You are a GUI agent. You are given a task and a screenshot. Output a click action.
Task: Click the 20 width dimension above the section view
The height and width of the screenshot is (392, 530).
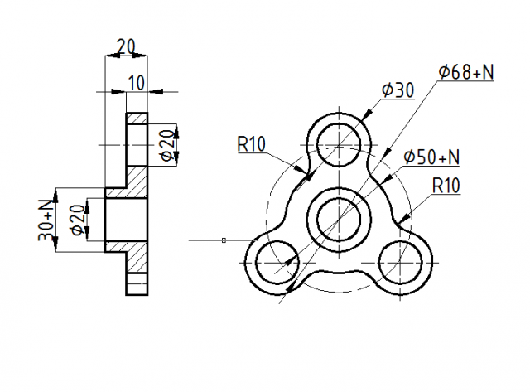pyautogui.click(x=126, y=46)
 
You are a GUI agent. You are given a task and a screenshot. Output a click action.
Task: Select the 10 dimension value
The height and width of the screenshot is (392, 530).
pyautogui.click(x=137, y=83)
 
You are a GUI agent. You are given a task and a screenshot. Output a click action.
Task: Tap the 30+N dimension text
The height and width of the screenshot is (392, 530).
pyautogui.click(x=46, y=220)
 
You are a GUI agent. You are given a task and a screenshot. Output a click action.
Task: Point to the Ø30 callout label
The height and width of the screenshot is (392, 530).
pyautogui.click(x=397, y=90)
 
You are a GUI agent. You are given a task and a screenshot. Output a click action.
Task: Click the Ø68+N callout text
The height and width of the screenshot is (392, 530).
pyautogui.click(x=466, y=72)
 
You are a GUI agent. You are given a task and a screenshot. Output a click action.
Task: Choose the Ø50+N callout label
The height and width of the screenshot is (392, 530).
pyautogui.click(x=431, y=157)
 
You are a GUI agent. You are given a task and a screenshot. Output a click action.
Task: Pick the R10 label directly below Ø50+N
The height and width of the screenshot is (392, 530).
pyautogui.click(x=446, y=186)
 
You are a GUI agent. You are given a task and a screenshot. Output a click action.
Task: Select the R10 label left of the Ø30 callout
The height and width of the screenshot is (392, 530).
pyautogui.click(x=252, y=144)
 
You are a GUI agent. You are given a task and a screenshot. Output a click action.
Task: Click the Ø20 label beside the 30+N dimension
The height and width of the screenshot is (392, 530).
pyautogui.click(x=78, y=220)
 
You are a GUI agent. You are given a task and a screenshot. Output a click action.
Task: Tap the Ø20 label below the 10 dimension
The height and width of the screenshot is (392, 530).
pyautogui.click(x=168, y=145)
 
